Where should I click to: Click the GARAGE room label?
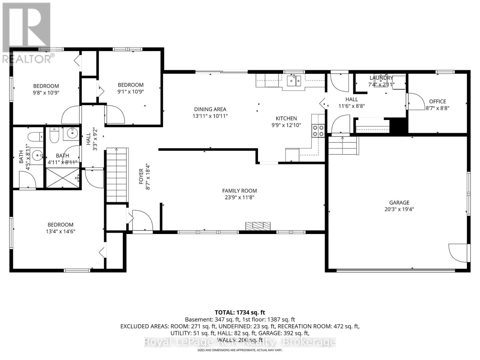(399, 202)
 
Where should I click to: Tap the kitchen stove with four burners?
(318, 130)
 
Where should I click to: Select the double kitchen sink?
(294, 81)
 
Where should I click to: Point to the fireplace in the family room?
(258, 226)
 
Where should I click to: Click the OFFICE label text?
(437, 101)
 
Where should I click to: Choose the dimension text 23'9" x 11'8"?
(239, 197)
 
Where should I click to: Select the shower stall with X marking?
(63, 178)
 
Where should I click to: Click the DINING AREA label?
(210, 109)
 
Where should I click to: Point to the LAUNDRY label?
(381, 78)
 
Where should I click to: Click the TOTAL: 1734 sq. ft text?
(240, 313)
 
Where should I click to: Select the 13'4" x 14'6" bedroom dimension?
(60, 231)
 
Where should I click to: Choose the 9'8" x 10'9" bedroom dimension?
(46, 93)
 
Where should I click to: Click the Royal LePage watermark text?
(240, 342)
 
